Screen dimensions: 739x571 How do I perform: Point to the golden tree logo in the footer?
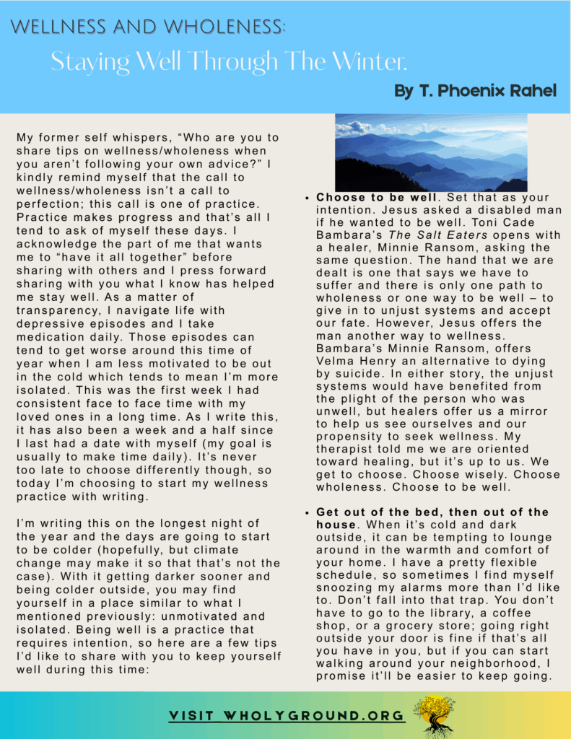(434, 714)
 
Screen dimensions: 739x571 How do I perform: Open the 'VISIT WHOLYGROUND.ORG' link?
(287, 716)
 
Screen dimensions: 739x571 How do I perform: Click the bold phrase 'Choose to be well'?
(376, 198)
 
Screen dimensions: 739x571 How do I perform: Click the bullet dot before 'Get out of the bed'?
(308, 512)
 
